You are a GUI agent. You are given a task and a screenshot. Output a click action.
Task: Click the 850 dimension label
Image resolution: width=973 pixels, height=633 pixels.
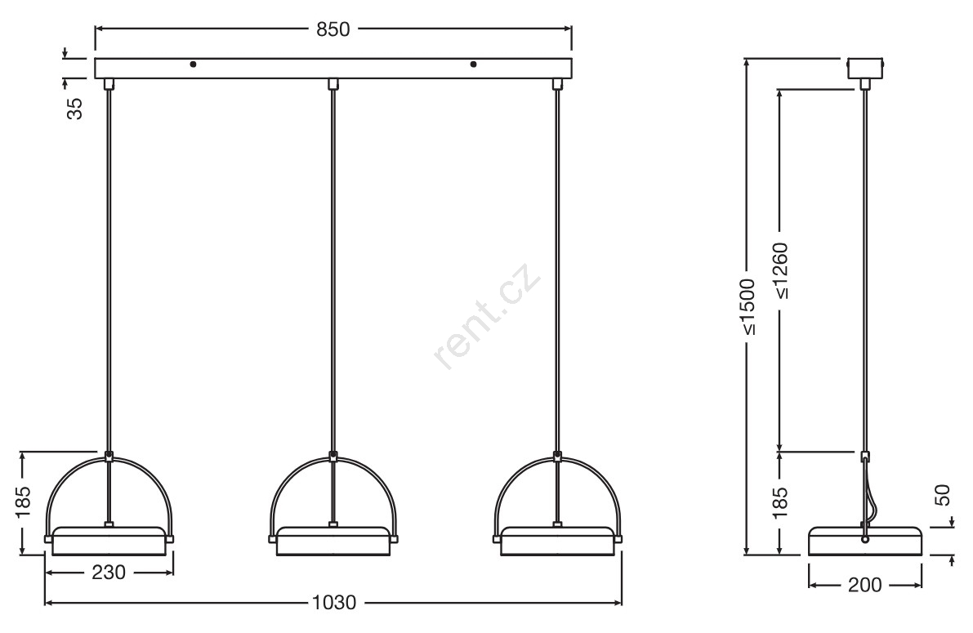tap(333, 29)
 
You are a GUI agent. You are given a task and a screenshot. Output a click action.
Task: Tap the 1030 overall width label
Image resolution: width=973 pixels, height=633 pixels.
tap(334, 603)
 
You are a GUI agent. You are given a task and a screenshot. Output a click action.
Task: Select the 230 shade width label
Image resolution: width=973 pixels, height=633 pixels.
tap(109, 573)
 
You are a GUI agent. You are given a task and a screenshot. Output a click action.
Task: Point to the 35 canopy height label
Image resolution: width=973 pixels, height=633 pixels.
tap(74, 109)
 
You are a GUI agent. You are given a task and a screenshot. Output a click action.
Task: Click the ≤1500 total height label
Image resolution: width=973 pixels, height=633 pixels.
tap(748, 307)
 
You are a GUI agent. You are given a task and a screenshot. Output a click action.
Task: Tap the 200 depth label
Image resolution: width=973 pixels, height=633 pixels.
tap(864, 585)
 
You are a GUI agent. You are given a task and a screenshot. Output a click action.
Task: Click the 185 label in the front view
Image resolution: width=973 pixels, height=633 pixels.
tap(23, 501)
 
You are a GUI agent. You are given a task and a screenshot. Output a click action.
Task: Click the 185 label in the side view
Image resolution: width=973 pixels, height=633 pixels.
tap(781, 498)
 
